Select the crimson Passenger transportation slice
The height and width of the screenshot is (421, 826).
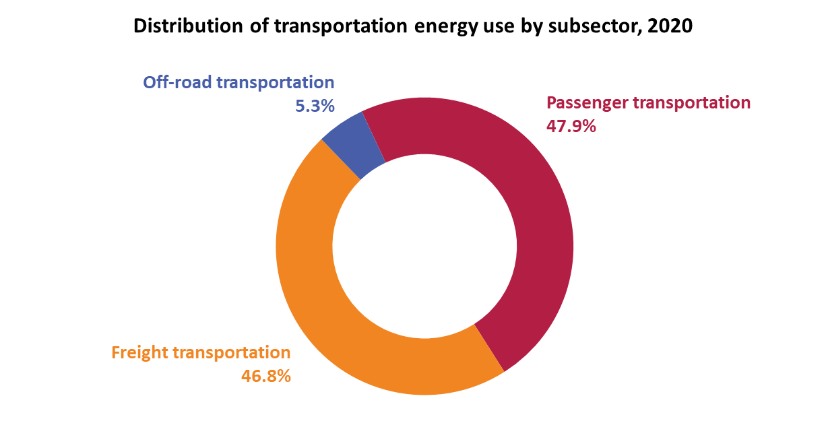tap(531, 206)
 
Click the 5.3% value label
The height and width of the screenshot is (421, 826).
tap(315, 106)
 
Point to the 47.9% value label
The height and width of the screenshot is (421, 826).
tap(571, 127)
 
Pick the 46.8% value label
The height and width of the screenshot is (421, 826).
tap(266, 377)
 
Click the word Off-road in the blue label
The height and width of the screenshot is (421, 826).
tap(177, 82)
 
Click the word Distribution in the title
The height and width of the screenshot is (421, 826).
tap(188, 26)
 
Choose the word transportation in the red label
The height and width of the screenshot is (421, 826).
tap(692, 103)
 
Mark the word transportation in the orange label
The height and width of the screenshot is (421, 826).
tap(232, 353)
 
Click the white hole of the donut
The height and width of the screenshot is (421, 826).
tap(425, 247)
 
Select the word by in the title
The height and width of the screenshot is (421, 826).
tap(532, 27)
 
